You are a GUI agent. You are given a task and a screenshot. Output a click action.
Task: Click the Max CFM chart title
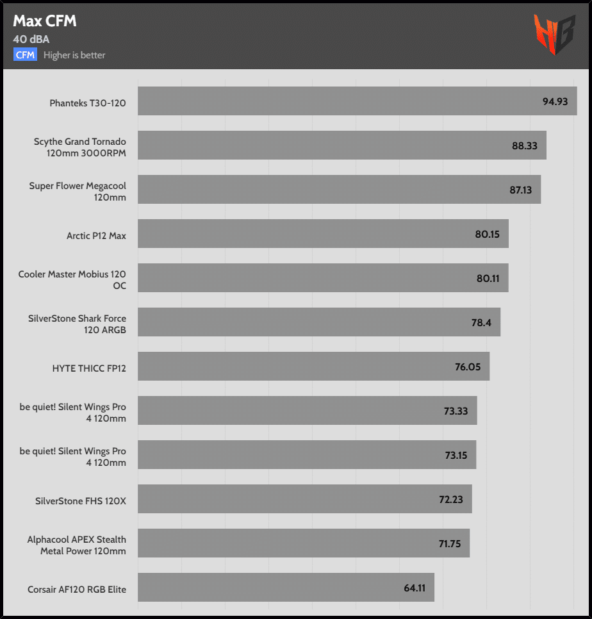pyautogui.click(x=45, y=21)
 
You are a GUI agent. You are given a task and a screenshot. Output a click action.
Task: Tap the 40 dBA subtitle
pyautogui.click(x=31, y=39)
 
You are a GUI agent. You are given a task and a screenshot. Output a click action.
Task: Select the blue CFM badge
pyautogui.click(x=26, y=54)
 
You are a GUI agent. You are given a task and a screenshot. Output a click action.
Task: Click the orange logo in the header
pyautogui.click(x=554, y=34)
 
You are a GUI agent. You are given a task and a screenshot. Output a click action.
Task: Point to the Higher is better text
pyautogui.click(x=74, y=55)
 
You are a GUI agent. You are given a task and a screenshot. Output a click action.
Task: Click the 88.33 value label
pyautogui.click(x=524, y=145)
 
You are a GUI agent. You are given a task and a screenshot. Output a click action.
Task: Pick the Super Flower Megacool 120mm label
pyautogui.click(x=78, y=192)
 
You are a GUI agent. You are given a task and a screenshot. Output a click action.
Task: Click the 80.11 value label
pyautogui.click(x=487, y=278)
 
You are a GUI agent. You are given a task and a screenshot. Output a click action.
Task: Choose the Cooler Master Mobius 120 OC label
pyautogui.click(x=72, y=280)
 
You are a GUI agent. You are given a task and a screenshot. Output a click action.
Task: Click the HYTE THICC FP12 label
pyautogui.click(x=89, y=368)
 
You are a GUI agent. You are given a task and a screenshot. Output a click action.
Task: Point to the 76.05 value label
pyautogui.click(x=468, y=367)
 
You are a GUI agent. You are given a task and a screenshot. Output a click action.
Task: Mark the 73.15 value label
pyautogui.click(x=456, y=455)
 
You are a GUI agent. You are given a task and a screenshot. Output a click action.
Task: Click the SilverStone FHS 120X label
pyautogui.click(x=81, y=501)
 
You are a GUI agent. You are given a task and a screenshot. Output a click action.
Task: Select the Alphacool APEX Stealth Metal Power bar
pyautogui.click(x=301, y=543)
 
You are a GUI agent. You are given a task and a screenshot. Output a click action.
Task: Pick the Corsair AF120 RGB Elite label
pyautogui.click(x=77, y=590)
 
